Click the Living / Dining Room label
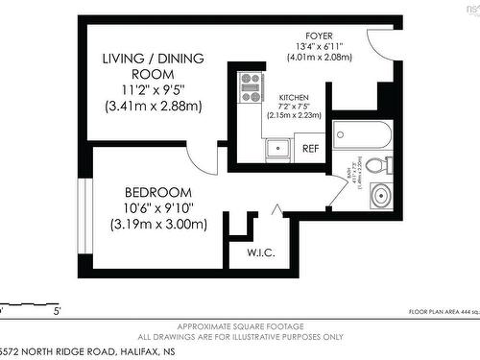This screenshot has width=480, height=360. click(x=154, y=66)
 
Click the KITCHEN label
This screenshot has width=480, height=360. click(x=294, y=98)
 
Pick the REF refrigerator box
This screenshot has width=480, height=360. click(x=311, y=149)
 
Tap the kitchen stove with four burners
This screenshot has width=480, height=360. click(x=252, y=86)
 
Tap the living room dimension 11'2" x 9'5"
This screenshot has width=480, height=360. click(x=154, y=90)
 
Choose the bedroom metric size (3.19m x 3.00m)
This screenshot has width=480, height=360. click(x=158, y=225)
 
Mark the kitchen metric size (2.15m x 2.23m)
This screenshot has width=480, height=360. click(x=294, y=114)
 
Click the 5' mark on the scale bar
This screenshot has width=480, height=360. click(x=57, y=311)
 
